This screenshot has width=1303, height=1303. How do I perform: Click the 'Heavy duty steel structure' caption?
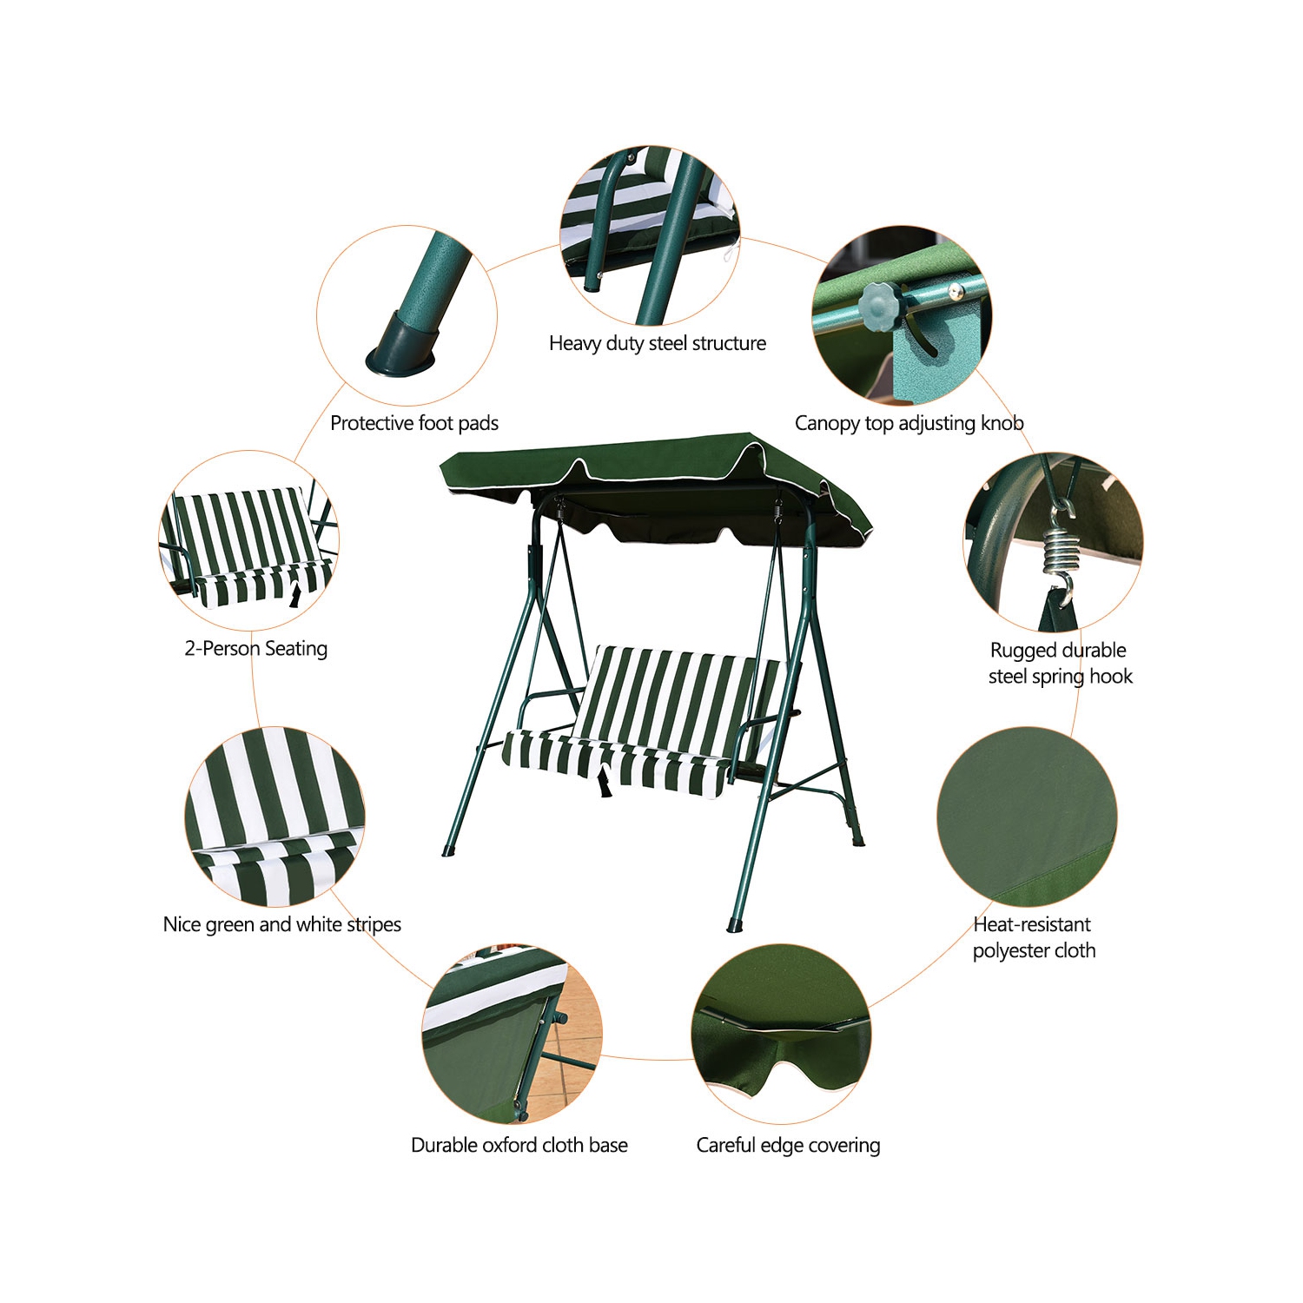click(x=657, y=343)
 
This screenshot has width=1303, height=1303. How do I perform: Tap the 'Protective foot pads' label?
click(x=413, y=423)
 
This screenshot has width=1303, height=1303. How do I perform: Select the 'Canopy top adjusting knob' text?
click(x=909, y=423)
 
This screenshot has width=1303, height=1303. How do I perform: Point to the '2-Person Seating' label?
click(x=255, y=648)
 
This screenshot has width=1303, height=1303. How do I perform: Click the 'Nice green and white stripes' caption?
click(x=281, y=924)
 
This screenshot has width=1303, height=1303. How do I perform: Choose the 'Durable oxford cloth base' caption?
click(x=519, y=1145)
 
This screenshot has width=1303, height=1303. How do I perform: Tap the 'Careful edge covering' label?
click(x=788, y=1145)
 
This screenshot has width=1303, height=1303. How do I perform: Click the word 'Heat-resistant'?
click(x=1031, y=924)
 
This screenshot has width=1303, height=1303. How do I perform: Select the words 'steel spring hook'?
click(x=1060, y=676)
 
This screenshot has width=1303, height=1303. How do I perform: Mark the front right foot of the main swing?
click(x=736, y=921)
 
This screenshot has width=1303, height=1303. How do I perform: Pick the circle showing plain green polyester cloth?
click(x=1027, y=817)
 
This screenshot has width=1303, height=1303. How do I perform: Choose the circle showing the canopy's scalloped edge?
click(x=780, y=1034)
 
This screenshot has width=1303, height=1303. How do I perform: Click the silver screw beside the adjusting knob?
click(x=955, y=291)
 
